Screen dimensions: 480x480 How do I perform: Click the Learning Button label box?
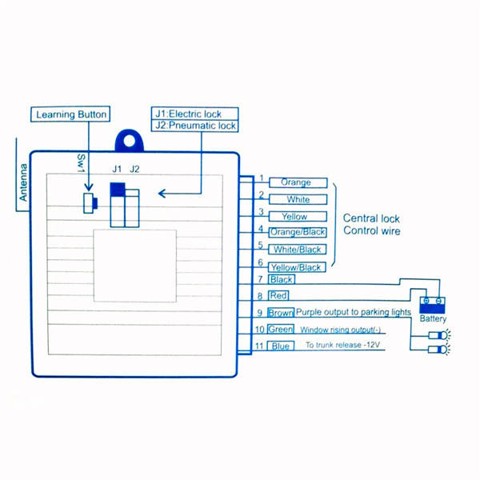click(71, 114)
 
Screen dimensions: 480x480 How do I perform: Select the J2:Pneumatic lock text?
click(196, 126)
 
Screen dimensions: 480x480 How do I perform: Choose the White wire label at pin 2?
click(298, 199)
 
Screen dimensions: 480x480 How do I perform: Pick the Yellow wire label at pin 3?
click(294, 216)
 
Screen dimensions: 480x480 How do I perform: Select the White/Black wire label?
click(298, 250)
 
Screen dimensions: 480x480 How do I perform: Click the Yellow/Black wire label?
click(296, 267)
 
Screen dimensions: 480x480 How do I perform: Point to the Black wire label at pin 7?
click(281, 279)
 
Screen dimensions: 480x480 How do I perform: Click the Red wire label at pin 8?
click(278, 296)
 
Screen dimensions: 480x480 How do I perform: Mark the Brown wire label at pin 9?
click(281, 313)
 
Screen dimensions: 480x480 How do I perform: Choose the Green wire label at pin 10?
click(281, 329)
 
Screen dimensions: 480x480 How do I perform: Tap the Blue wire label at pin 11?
click(280, 346)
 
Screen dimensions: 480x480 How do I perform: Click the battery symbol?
click(433, 304)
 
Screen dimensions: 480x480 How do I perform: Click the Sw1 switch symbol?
click(89, 202)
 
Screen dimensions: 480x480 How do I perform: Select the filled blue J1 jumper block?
click(118, 189)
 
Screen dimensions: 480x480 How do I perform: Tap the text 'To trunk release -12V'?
click(342, 346)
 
